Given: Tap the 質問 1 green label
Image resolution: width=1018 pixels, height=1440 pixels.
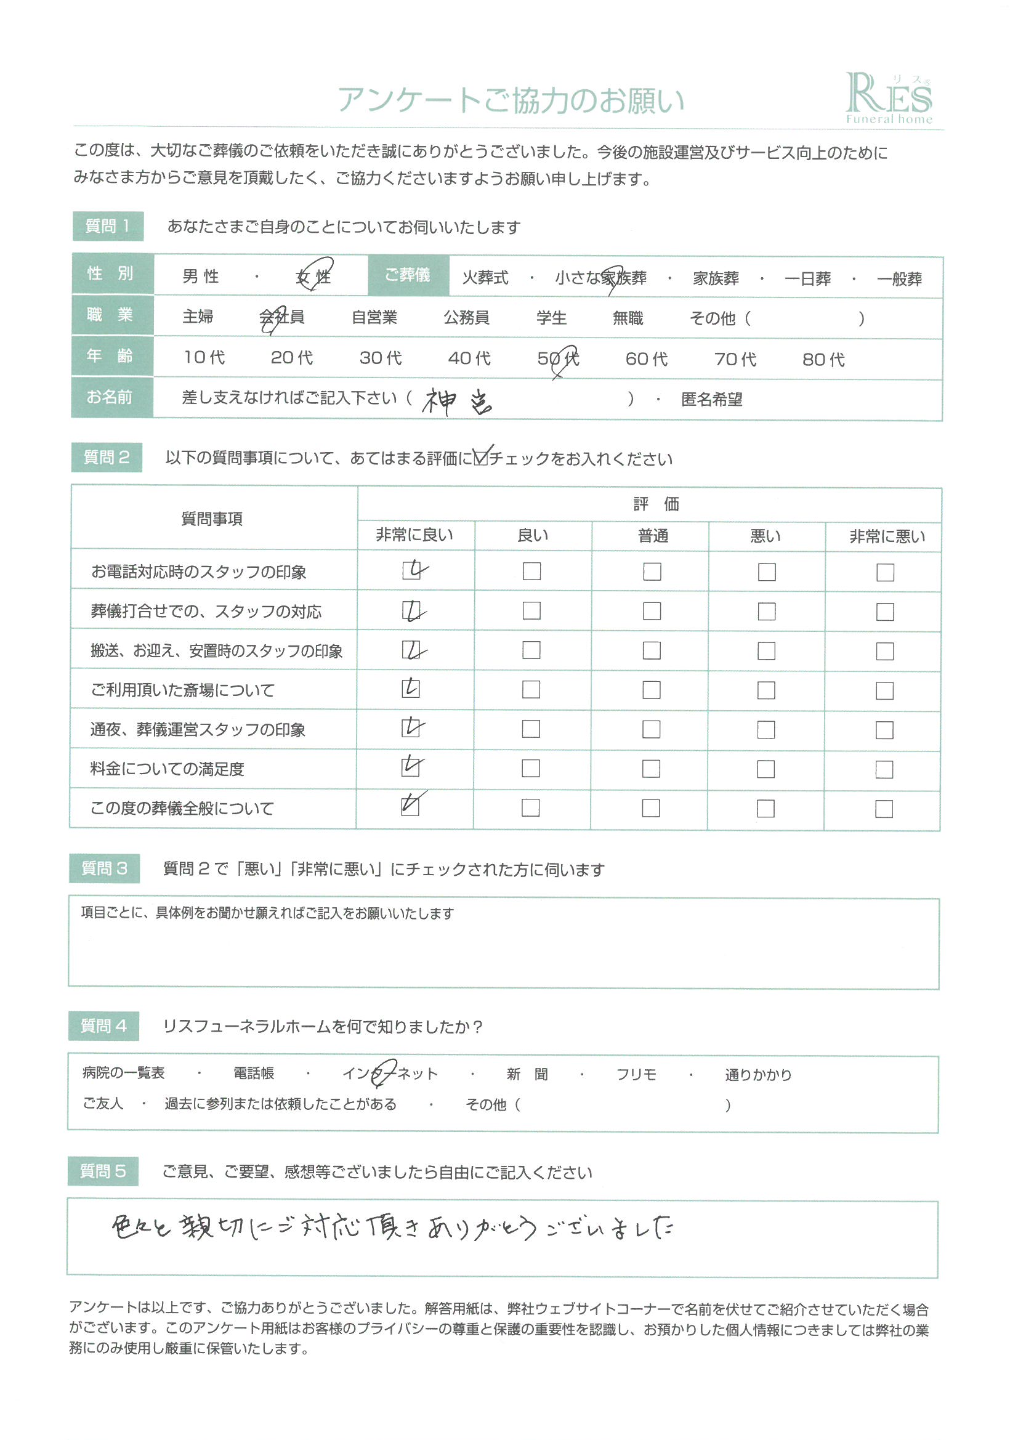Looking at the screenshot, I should point(108,227).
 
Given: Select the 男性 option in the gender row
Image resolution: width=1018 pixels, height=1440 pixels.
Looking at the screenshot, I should point(201,277).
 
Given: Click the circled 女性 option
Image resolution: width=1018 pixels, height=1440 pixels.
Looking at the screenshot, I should point(313,276).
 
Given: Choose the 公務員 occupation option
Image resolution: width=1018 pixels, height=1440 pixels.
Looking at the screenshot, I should point(466,318).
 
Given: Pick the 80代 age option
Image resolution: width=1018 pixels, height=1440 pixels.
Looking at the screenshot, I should point(823,359).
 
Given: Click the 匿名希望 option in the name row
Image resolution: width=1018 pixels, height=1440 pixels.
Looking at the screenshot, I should point(711,400).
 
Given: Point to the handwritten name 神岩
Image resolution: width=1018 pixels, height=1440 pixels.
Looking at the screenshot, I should point(456,402).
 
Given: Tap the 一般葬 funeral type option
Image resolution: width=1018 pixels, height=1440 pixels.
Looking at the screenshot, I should point(899,279).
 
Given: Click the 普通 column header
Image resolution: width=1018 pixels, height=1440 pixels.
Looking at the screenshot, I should point(652,536).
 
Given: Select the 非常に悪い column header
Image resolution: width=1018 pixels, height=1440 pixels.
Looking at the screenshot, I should point(886,537).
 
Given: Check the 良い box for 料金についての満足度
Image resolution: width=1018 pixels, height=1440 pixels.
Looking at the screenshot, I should point(531,768).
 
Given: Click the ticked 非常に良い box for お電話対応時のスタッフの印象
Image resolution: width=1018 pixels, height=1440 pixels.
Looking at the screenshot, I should point(411,570).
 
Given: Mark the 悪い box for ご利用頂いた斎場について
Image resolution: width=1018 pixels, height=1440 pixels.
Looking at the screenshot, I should point(766,690).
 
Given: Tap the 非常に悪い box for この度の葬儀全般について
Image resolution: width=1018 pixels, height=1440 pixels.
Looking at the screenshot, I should point(884,809).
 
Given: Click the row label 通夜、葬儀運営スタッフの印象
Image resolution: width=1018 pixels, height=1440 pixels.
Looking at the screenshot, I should point(198,730).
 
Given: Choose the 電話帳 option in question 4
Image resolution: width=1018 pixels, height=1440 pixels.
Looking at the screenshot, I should point(253,1074).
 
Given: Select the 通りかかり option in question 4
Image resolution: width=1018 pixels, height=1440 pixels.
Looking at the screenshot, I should point(757,1075).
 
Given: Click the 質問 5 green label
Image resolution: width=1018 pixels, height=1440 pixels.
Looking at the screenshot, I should point(103,1171).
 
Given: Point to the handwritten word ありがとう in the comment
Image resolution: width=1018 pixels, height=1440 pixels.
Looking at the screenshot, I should point(482,1228).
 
